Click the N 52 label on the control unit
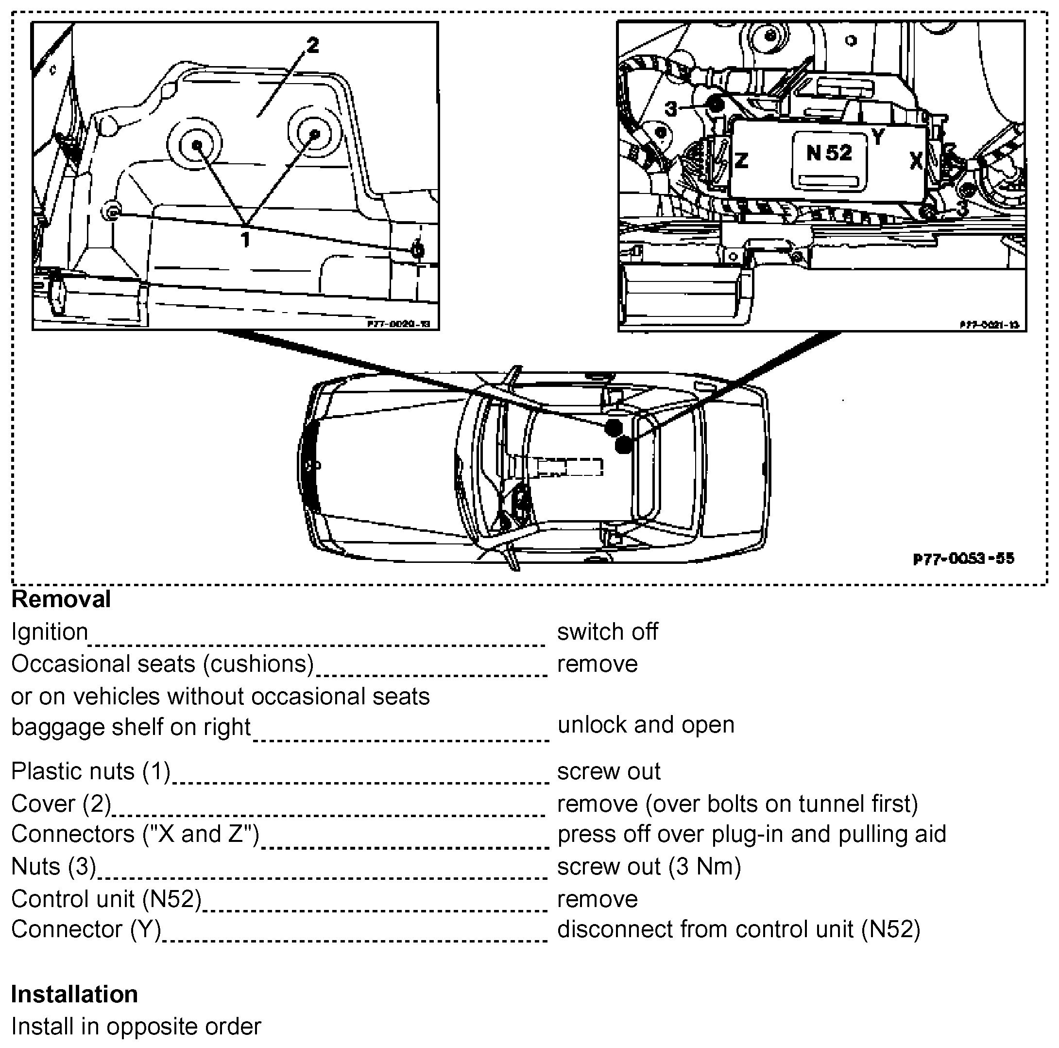pos(829,153)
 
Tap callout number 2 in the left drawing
pos(312,45)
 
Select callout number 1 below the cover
pos(246,239)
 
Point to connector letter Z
pos(741,161)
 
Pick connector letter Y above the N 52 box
pos(878,136)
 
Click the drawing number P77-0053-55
pos(964,559)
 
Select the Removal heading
pos(61,599)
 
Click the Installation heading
pos(74,994)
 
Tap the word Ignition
pos(50,632)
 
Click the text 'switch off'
pos(607,632)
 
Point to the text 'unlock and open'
pos(646,724)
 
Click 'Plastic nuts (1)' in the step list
pos(91,771)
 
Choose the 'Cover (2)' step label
pos(61,803)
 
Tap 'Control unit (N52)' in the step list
pos(106,899)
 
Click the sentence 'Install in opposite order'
pos(136,1026)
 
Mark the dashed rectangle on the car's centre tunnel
pos(569,467)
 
